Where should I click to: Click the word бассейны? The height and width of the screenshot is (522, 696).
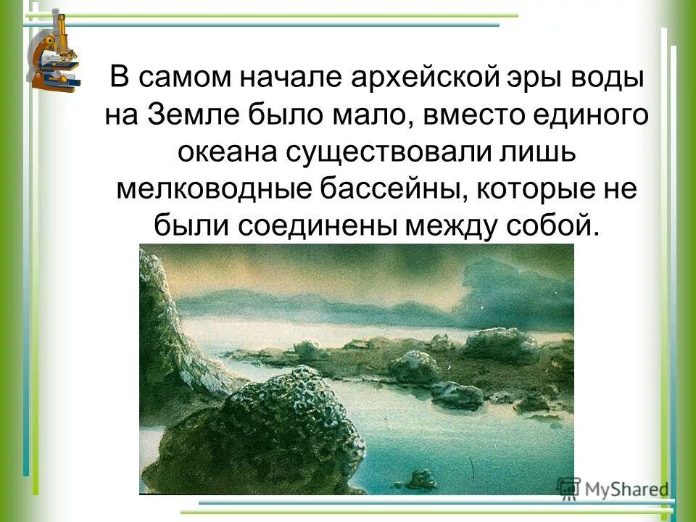tap(379, 190)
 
